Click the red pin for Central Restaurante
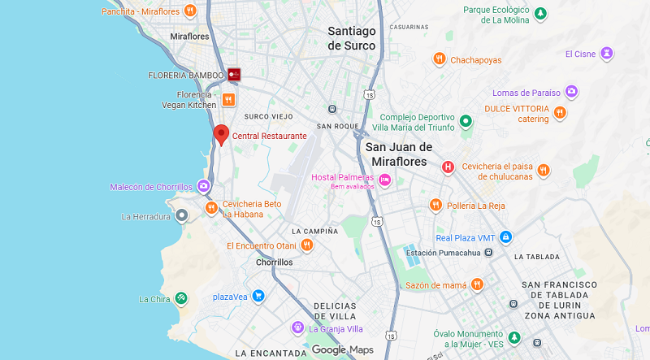pos(221,135)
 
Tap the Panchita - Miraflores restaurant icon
pos(189,11)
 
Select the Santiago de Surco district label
pos(351,38)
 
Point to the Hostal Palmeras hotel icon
pos(385,178)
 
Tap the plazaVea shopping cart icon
pos(258,295)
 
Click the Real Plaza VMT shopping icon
pos(506,237)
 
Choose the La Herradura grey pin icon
pos(182,215)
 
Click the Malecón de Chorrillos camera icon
pos(203,187)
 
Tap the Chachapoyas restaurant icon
pos(439,59)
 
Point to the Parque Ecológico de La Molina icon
pos(539,14)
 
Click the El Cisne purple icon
pos(606,54)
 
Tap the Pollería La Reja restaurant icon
pos(435,205)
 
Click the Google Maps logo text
pos(342,349)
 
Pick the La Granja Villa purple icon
pos(298,327)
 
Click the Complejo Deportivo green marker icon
pos(466,121)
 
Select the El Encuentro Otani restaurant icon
pos(307,245)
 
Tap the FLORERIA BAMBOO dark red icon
pos(234,74)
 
